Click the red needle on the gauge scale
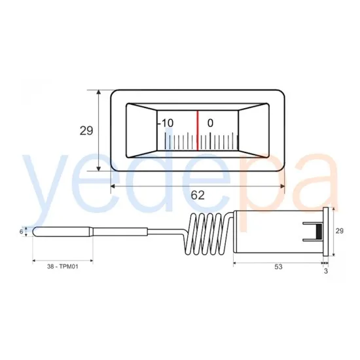[197, 131]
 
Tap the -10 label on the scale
[166, 123]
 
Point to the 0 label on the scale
[210, 123]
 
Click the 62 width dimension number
[198, 196]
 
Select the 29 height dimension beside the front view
[86, 131]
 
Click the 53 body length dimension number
[278, 267]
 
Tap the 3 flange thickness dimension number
[326, 271]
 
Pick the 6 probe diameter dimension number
[22, 232]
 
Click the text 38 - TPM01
[63, 266]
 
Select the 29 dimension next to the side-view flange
[340, 231]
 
